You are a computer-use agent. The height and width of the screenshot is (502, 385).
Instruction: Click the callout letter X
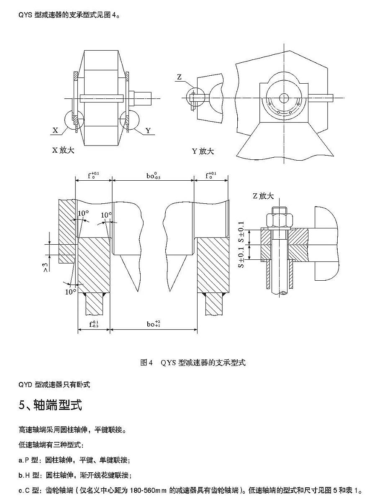[55, 131]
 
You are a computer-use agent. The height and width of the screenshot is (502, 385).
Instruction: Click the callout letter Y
[148, 131]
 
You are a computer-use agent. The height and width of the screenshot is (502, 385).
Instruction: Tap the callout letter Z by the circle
[179, 77]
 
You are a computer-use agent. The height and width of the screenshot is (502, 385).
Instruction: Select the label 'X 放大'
[63, 150]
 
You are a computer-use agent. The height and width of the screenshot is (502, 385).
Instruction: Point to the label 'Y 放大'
[203, 151]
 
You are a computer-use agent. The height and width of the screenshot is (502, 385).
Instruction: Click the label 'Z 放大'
[263, 196]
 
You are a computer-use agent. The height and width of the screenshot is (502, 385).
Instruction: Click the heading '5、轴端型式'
[50, 405]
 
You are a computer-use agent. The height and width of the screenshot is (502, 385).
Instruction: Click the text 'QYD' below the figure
[26, 385]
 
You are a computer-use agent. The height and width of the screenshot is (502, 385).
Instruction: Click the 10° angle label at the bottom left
[70, 292]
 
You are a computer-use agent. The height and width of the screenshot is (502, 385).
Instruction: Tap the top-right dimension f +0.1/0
[211, 176]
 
